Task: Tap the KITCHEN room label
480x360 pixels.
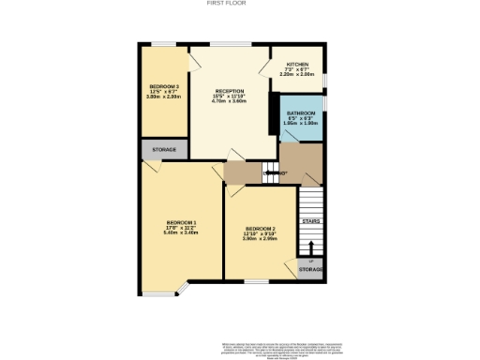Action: point(297,65)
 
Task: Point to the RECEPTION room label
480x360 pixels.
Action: point(230,92)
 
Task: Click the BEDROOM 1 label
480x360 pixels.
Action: point(168,221)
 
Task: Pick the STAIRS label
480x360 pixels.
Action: point(310,221)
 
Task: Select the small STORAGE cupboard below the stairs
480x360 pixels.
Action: point(310,269)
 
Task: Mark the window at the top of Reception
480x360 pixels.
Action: point(230,43)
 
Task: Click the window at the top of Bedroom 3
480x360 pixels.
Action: point(162,43)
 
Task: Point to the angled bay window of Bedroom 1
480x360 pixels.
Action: point(184,287)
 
